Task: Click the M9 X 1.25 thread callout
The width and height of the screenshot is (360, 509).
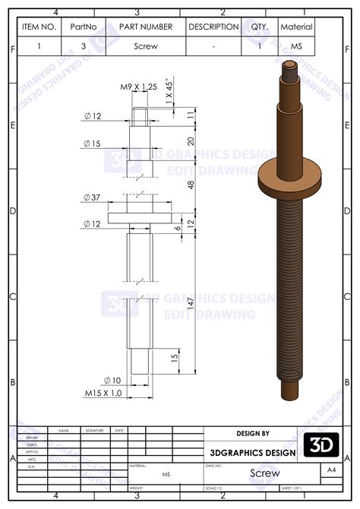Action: click(138, 87)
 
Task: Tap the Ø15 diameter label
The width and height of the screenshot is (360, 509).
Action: click(92, 144)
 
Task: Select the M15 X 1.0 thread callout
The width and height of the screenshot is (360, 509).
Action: click(103, 394)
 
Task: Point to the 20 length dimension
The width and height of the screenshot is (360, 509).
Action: click(191, 141)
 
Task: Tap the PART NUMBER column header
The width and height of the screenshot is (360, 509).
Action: click(146, 27)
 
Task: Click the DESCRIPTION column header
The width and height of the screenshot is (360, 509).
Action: click(213, 27)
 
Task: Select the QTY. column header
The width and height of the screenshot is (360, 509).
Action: click(261, 27)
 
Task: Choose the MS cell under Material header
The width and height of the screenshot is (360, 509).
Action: click(296, 46)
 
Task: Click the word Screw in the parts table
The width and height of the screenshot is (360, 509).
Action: click(146, 46)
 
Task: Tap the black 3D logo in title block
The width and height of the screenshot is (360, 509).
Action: click(321, 445)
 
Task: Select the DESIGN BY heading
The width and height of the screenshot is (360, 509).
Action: click(253, 434)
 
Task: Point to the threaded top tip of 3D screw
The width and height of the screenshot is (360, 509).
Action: click(291, 73)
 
